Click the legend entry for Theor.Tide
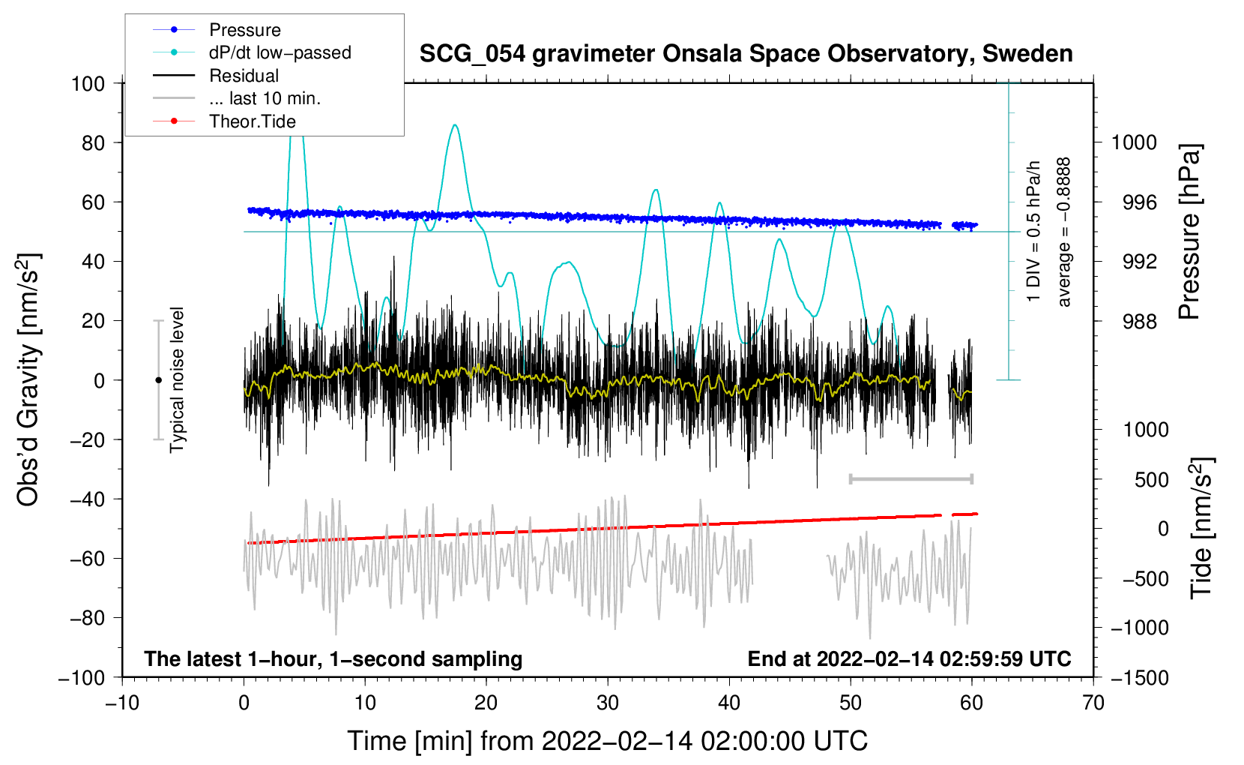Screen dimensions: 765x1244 [x=252, y=121]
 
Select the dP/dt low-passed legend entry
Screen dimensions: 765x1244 [x=280, y=52]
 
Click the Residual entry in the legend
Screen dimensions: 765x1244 [x=244, y=76]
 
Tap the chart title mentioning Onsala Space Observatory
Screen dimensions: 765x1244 [x=746, y=54]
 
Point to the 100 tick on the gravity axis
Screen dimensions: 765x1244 [x=88, y=83]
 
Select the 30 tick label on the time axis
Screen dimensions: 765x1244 [x=608, y=703]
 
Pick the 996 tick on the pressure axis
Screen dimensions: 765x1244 [x=1134, y=202]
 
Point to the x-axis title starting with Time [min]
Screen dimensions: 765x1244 [x=607, y=741]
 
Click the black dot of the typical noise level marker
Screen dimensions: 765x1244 [x=158, y=380]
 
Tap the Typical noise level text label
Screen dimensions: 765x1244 [x=177, y=379]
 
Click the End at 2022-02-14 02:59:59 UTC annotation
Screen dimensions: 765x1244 [x=909, y=658]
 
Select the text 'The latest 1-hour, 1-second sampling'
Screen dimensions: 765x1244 [x=333, y=658]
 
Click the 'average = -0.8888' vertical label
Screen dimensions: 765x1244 [x=1064, y=232]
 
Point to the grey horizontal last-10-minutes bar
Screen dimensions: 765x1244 [x=911, y=478]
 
